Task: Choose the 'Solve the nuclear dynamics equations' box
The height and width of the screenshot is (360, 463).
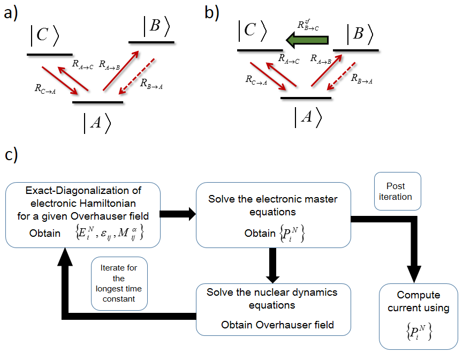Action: [x=273, y=309]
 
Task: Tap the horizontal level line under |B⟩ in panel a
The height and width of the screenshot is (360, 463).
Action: [x=151, y=42]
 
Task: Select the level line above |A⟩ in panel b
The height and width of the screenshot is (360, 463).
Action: [x=306, y=98]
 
